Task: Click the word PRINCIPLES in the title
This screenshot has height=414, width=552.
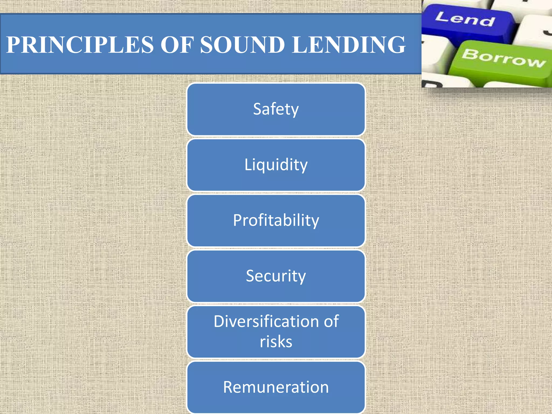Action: [x=80, y=45]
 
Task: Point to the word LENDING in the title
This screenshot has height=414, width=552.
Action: [x=349, y=45]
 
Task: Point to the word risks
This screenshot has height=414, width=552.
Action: [x=276, y=342]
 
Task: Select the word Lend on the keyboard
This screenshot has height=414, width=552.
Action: [x=465, y=19]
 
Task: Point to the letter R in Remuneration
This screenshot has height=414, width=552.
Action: [x=228, y=387]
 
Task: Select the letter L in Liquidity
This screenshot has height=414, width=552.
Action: [x=247, y=164]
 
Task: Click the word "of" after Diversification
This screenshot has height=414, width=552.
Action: [x=331, y=322]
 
